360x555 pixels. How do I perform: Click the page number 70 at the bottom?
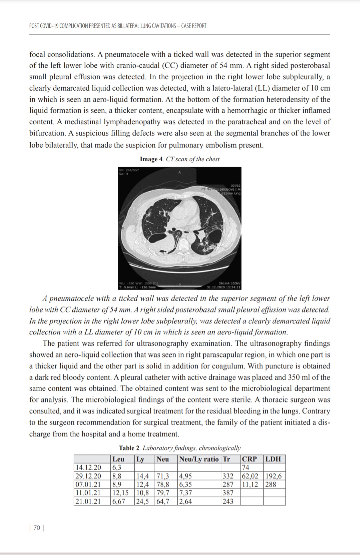coord(37,528)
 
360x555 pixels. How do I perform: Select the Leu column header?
coord(118,459)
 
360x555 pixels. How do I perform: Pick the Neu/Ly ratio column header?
coord(199,459)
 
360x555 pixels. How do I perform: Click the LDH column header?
coord(273,459)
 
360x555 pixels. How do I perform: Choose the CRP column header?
coord(249,459)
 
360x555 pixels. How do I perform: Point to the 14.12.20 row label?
coord(88,467)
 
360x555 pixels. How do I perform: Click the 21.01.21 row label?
coord(88,501)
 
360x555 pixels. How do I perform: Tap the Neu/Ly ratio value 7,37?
coord(186,493)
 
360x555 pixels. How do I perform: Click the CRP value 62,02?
coord(250,476)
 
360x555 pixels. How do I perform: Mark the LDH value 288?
coord(271,484)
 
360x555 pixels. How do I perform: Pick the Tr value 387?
coord(228,493)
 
